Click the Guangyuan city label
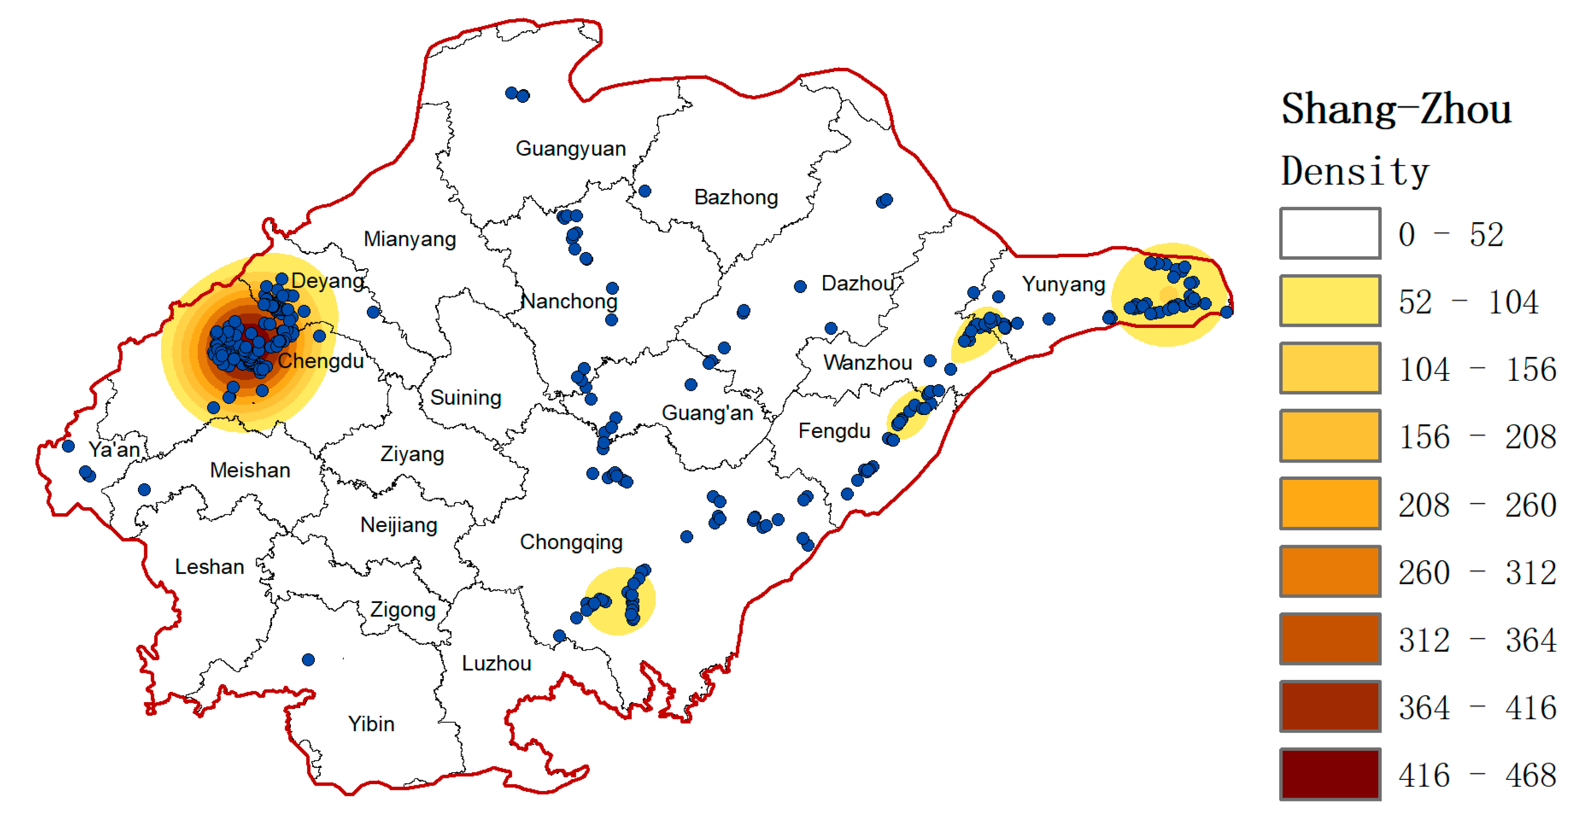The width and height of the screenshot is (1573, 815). click(x=570, y=149)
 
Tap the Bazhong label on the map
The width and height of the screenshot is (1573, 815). click(x=736, y=197)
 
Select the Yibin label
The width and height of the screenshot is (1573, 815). click(x=371, y=724)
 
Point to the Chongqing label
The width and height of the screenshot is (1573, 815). click(x=571, y=542)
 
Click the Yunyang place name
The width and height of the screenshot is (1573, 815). click(x=1063, y=284)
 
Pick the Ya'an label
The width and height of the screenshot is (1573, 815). click(x=114, y=450)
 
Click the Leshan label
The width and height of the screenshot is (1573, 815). click(x=210, y=567)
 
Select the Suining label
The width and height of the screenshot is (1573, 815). click(x=465, y=398)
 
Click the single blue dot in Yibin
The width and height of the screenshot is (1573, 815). click(x=308, y=660)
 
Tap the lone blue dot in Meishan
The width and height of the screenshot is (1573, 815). click(x=144, y=489)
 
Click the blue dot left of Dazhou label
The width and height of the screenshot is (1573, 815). click(x=800, y=287)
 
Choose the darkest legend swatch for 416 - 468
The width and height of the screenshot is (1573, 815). click(x=1330, y=774)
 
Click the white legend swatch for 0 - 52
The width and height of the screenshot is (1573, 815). click(x=1330, y=233)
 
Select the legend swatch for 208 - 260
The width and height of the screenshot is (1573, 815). click(x=1330, y=504)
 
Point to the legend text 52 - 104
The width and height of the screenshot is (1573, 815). click(x=1468, y=302)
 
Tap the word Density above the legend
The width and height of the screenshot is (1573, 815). click(x=1354, y=171)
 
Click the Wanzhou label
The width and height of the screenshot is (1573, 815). click(x=867, y=363)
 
